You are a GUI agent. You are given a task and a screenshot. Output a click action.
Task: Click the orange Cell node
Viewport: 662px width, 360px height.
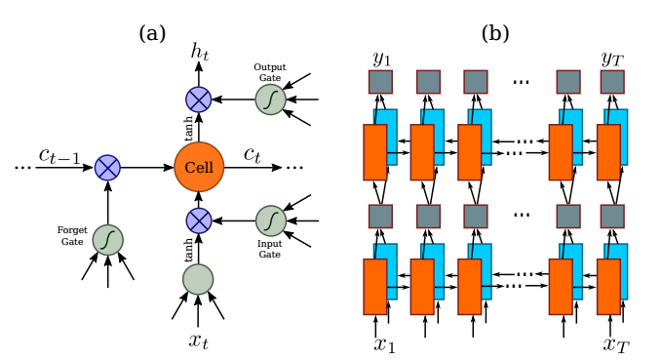point(199,167)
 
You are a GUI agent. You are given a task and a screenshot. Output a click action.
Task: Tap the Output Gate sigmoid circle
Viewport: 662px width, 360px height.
point(270,99)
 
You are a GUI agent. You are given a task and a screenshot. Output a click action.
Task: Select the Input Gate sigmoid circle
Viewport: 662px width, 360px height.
point(270,220)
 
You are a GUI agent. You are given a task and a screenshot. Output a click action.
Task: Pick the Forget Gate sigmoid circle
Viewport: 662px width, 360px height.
point(107,238)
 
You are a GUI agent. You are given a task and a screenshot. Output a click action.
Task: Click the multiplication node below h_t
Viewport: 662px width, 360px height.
point(199,99)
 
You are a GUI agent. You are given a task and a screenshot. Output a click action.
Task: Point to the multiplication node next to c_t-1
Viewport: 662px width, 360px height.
point(107,167)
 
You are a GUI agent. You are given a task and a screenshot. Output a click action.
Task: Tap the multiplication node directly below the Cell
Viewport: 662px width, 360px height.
point(199,220)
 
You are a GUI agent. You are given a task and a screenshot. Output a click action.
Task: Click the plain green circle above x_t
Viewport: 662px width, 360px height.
point(198,279)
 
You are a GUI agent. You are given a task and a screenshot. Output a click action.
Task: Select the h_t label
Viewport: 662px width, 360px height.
point(199,54)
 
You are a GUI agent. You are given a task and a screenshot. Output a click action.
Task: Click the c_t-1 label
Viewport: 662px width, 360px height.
point(59,154)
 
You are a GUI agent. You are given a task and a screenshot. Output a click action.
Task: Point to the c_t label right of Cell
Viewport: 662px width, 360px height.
point(252,154)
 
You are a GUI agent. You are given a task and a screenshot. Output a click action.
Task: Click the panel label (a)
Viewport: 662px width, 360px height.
point(152,32)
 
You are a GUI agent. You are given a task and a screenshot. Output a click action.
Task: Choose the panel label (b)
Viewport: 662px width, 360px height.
point(495,32)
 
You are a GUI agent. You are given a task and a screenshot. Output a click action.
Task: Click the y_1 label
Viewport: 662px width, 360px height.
point(380,58)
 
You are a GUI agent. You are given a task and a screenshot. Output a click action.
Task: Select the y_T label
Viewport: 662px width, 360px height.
point(612,58)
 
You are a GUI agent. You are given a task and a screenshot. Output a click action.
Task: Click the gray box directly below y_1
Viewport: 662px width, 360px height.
point(380,82)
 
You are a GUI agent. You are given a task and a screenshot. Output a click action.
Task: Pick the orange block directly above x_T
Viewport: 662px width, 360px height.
point(608,287)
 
